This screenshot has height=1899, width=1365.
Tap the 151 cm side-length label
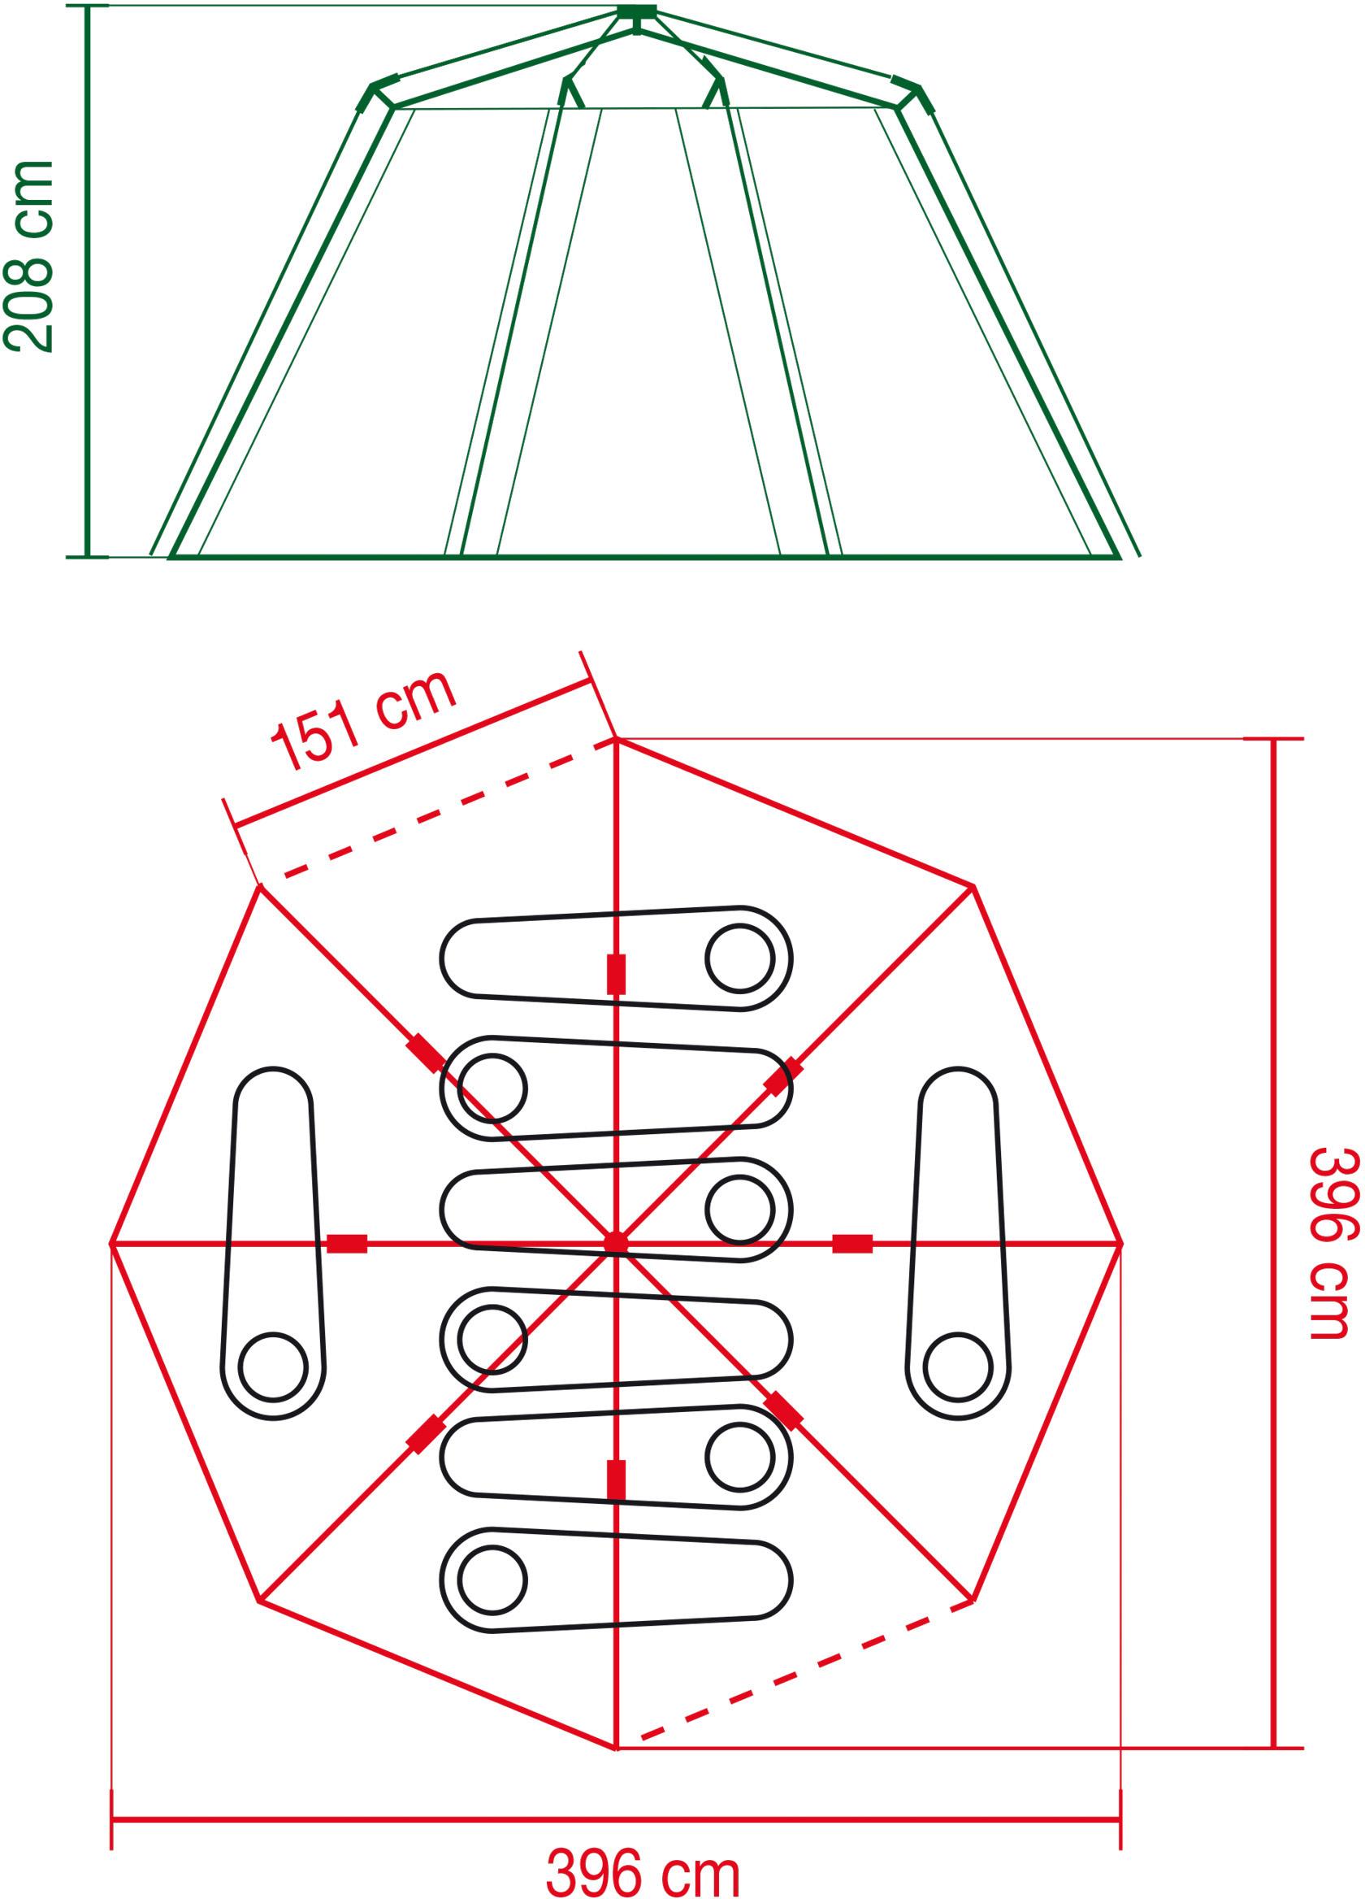coord(364,721)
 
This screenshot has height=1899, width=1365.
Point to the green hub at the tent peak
coord(637,11)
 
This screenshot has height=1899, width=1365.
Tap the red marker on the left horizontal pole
coord(346,1244)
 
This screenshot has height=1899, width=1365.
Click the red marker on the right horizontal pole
coord(852,1244)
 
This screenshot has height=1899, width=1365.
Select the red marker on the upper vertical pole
coord(616,974)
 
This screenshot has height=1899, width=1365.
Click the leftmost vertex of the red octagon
coord(111,1244)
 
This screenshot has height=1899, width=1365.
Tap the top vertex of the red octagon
coord(616,738)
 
